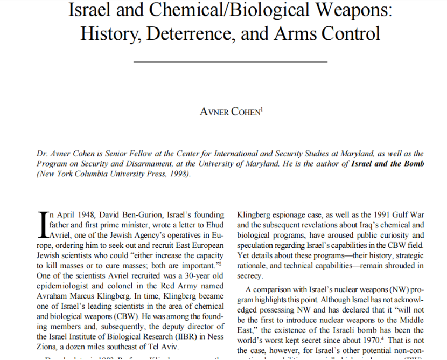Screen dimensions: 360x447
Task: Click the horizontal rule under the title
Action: (x=230, y=62)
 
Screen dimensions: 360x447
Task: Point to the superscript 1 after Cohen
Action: (x=262, y=109)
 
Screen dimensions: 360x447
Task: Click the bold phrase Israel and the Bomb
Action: (x=388, y=163)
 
